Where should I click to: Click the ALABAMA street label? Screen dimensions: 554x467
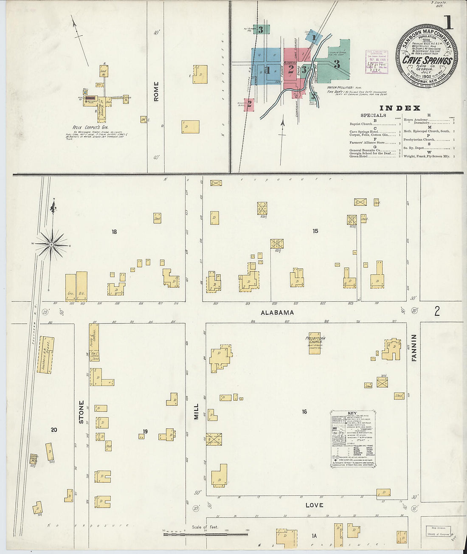click(x=277, y=312)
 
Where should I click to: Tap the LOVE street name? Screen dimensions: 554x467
click(x=314, y=505)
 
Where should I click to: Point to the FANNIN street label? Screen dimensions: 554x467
click(x=414, y=348)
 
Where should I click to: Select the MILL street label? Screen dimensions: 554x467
click(x=196, y=411)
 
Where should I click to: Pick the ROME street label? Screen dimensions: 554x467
click(x=156, y=91)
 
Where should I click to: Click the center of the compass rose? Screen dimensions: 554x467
click(x=51, y=245)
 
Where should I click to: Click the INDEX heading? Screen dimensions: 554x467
click(x=399, y=108)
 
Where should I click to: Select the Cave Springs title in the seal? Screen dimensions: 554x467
click(x=427, y=61)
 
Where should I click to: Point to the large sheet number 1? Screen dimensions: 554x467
click(x=448, y=22)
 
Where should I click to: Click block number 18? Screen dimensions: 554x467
click(x=114, y=232)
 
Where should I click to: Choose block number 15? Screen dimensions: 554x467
click(x=315, y=231)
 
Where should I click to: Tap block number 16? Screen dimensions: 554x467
click(x=304, y=412)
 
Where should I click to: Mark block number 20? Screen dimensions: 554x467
click(x=54, y=430)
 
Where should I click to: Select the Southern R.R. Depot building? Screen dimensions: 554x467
click(x=45, y=355)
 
